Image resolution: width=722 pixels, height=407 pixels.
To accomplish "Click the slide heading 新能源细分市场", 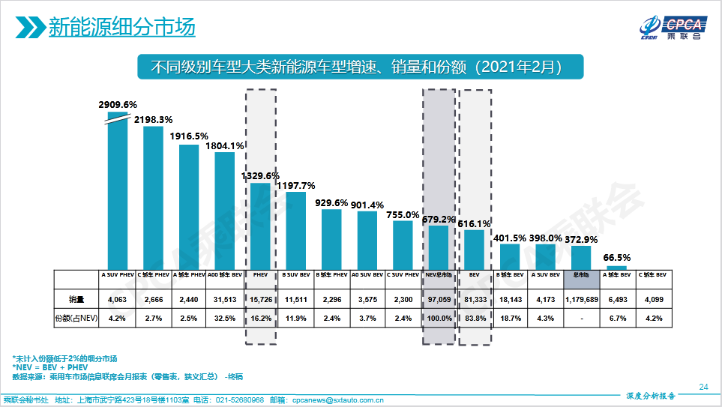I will coord(121,28).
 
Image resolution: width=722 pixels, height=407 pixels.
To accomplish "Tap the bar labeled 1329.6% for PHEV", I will coord(260,225).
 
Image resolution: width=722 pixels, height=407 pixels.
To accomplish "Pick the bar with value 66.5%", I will coord(616,267).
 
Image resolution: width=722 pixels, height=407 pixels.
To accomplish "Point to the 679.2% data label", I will coord(439,220).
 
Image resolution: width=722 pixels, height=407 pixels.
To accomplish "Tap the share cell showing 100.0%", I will coord(439,318).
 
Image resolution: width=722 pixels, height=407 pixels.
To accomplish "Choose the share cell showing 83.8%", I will coord(474,318).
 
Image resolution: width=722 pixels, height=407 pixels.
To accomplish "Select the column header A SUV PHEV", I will coord(118,275).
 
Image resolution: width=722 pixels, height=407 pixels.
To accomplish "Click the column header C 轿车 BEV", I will coord(652,275).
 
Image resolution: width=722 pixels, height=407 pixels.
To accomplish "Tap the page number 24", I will coord(703,387).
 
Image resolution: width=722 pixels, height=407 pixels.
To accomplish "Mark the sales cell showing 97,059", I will coord(439,299).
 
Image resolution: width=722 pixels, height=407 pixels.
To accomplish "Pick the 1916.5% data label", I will coord(189,136).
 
